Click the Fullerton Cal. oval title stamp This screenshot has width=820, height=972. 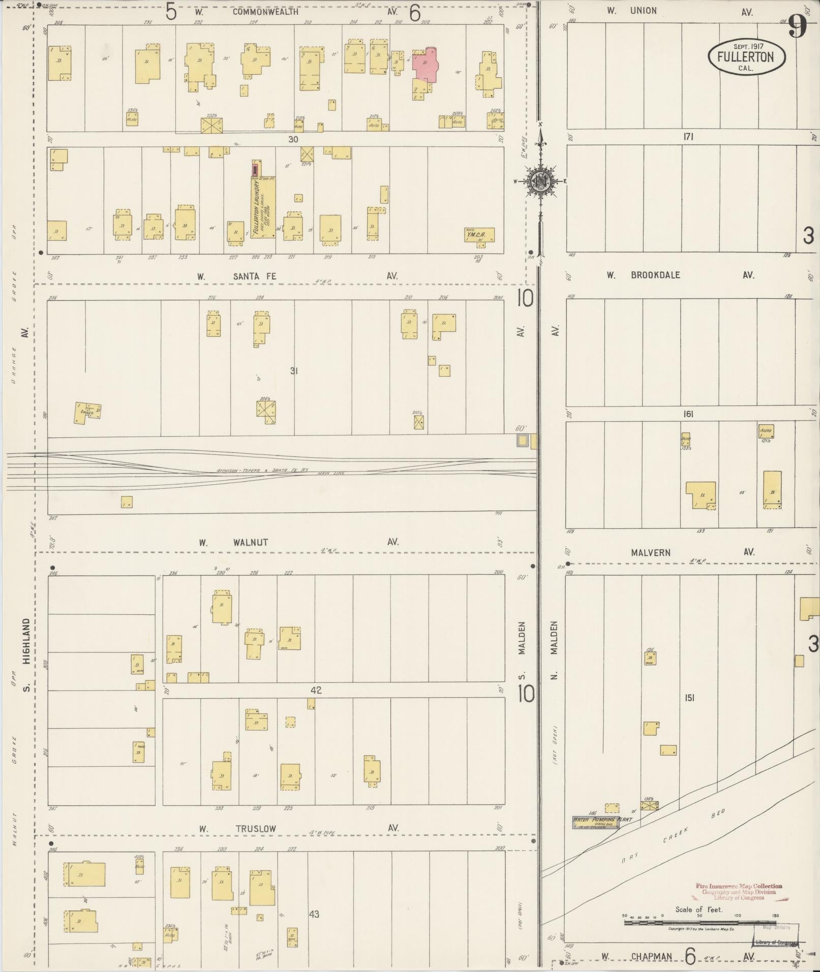[746, 57]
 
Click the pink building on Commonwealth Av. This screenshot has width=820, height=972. [425, 65]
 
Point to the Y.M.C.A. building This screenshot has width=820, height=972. [479, 235]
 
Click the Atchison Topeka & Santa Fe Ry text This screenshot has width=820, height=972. [263, 471]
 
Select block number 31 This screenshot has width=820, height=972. [293, 371]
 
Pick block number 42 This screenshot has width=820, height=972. [316, 690]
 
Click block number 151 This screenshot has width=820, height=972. [689, 698]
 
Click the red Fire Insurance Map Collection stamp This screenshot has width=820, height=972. [739, 891]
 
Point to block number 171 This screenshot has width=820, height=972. [688, 137]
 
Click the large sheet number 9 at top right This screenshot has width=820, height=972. [798, 28]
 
